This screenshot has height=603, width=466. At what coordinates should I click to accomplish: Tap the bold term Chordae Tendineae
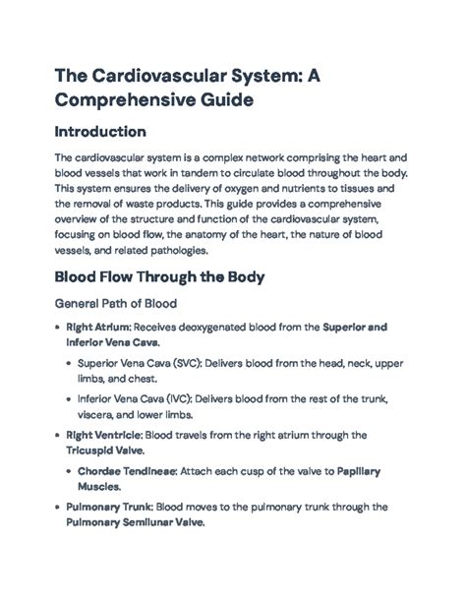(x=126, y=471)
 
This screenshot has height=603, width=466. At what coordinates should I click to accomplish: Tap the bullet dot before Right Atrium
(x=55, y=328)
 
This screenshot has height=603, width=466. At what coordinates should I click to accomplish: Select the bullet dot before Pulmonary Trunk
(x=55, y=509)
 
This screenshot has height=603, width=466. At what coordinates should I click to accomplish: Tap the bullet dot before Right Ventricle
(x=55, y=435)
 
